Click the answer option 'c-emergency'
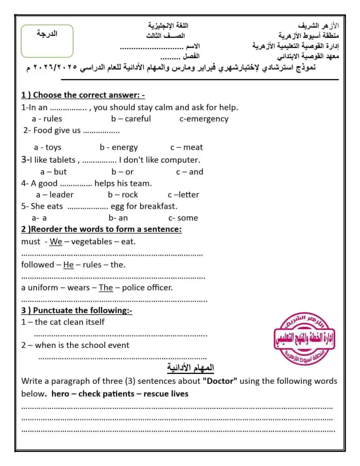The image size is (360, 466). pyautogui.click(x=204, y=119)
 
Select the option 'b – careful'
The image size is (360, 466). pyautogui.click(x=131, y=119)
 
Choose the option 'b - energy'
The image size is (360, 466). pyautogui.click(x=119, y=147)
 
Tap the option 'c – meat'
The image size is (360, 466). pyautogui.click(x=186, y=147)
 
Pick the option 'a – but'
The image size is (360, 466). pyautogui.click(x=53, y=172)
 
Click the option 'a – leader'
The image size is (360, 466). pyautogui.click(x=55, y=195)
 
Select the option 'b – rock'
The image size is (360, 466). pyautogui.click(x=123, y=195)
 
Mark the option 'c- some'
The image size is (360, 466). pyautogui.click(x=183, y=218)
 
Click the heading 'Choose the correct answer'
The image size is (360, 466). pyautogui.click(x=86, y=96)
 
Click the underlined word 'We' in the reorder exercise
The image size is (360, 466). pyautogui.click(x=56, y=242)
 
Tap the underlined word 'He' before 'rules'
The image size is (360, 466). pyautogui.click(x=69, y=265)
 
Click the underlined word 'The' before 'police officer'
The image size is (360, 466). pyautogui.click(x=106, y=288)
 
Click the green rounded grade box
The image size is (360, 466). pyautogui.click(x=47, y=41)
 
